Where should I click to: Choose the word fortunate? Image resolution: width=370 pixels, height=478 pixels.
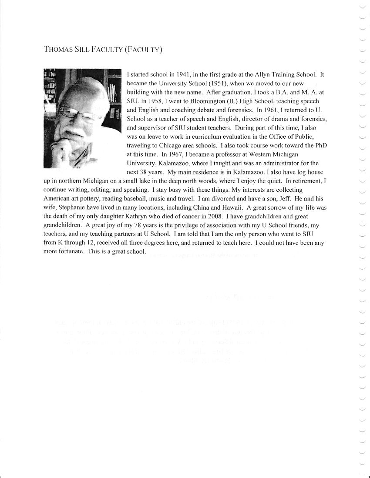click(x=70, y=252)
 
